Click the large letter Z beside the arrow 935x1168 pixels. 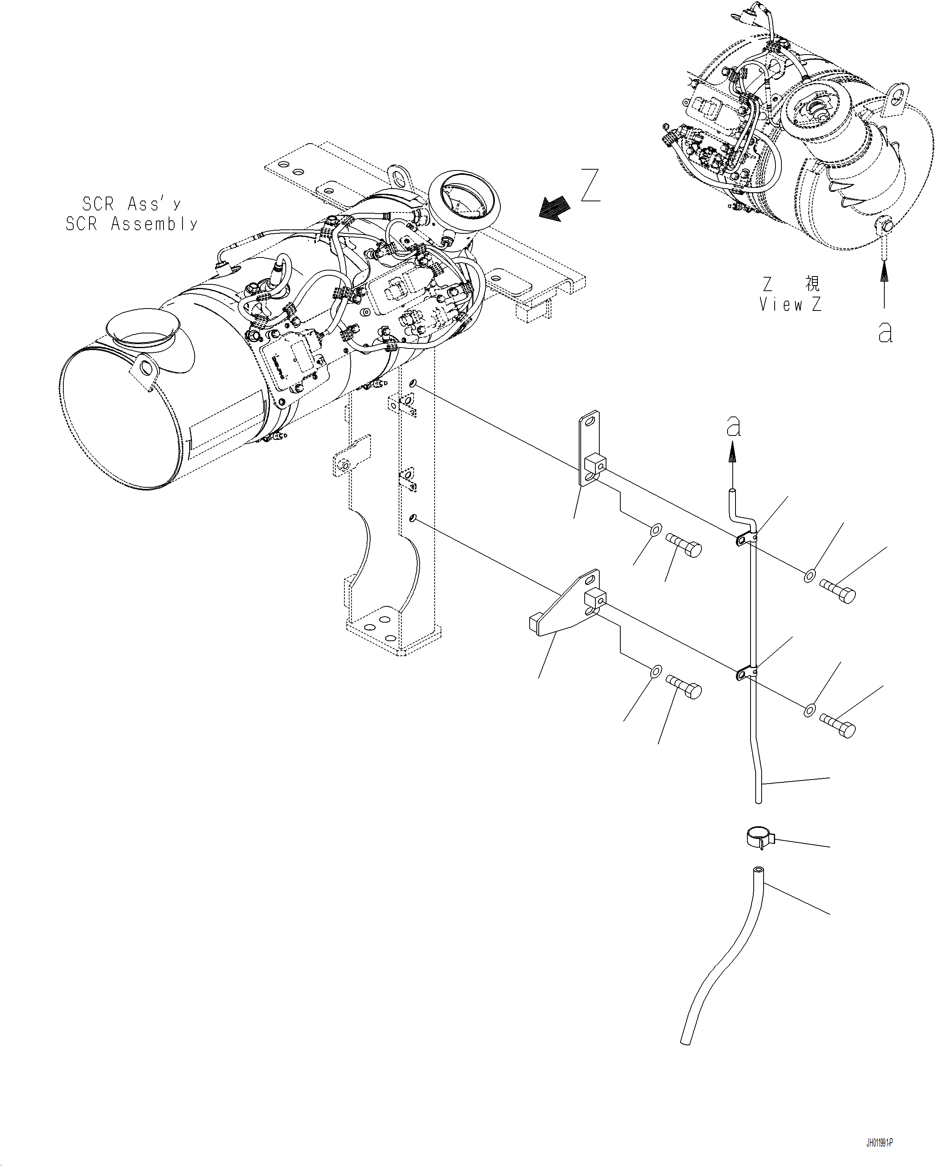tap(590, 186)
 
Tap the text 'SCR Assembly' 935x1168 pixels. tap(132, 224)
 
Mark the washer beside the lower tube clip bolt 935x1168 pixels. tap(809, 710)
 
